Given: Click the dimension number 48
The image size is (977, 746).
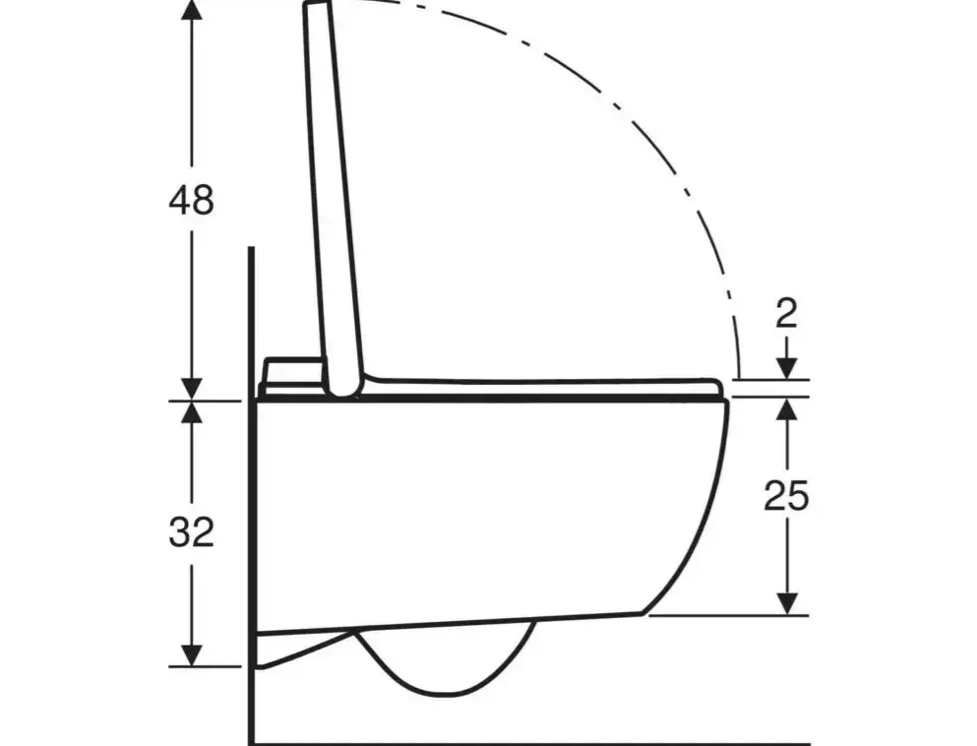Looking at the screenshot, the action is pos(191,200).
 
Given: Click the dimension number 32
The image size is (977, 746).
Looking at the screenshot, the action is pos(191,532).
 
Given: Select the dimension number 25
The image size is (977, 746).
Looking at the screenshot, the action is pos(786,496).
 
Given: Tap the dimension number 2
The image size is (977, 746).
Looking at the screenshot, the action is pos(786,314).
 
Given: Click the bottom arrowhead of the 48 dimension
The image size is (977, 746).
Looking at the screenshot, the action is pos(191,389).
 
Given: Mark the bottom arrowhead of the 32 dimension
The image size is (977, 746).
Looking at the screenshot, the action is pos(191,655).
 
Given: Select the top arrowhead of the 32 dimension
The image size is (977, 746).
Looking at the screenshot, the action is pos(191,412).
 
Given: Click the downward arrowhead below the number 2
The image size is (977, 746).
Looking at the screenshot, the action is pos(787,368).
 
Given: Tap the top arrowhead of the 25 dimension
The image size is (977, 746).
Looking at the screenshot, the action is pos(787,408).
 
